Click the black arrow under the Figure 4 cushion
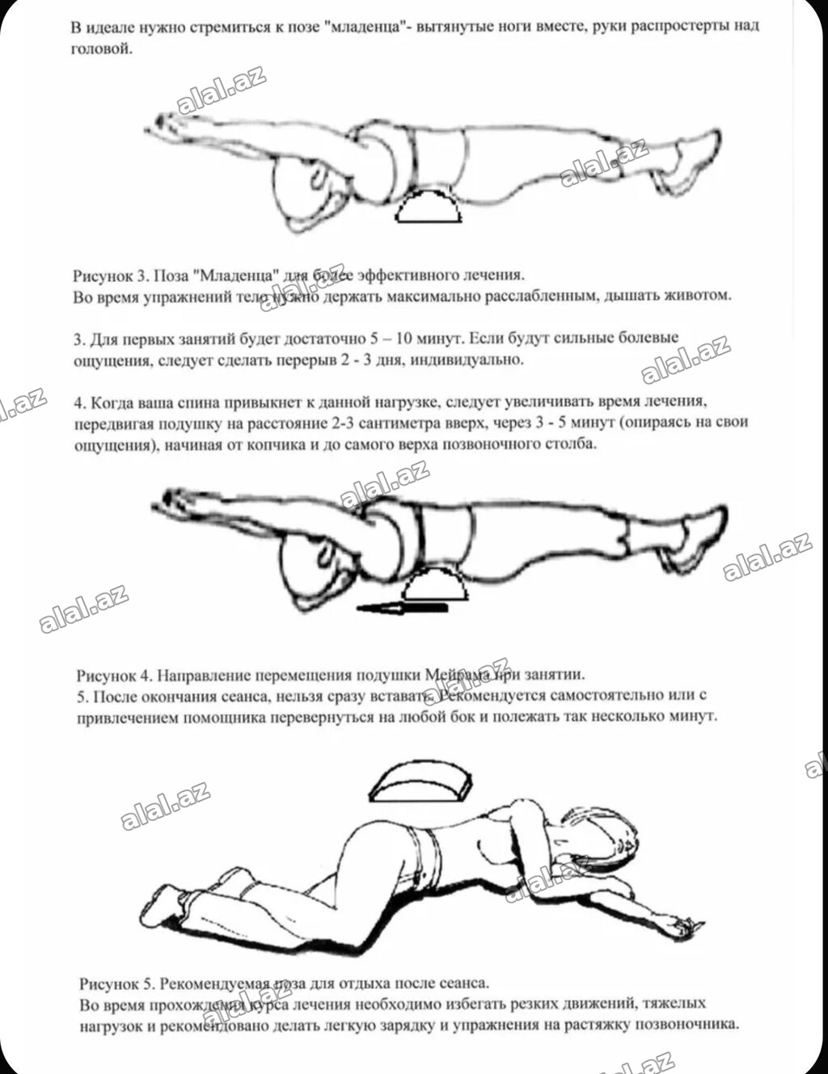point(402,609)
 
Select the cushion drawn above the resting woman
point(420,781)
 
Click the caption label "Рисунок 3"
point(110,276)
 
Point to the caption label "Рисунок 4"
point(113,675)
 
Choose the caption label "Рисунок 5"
point(116,983)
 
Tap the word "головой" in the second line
point(102,49)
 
